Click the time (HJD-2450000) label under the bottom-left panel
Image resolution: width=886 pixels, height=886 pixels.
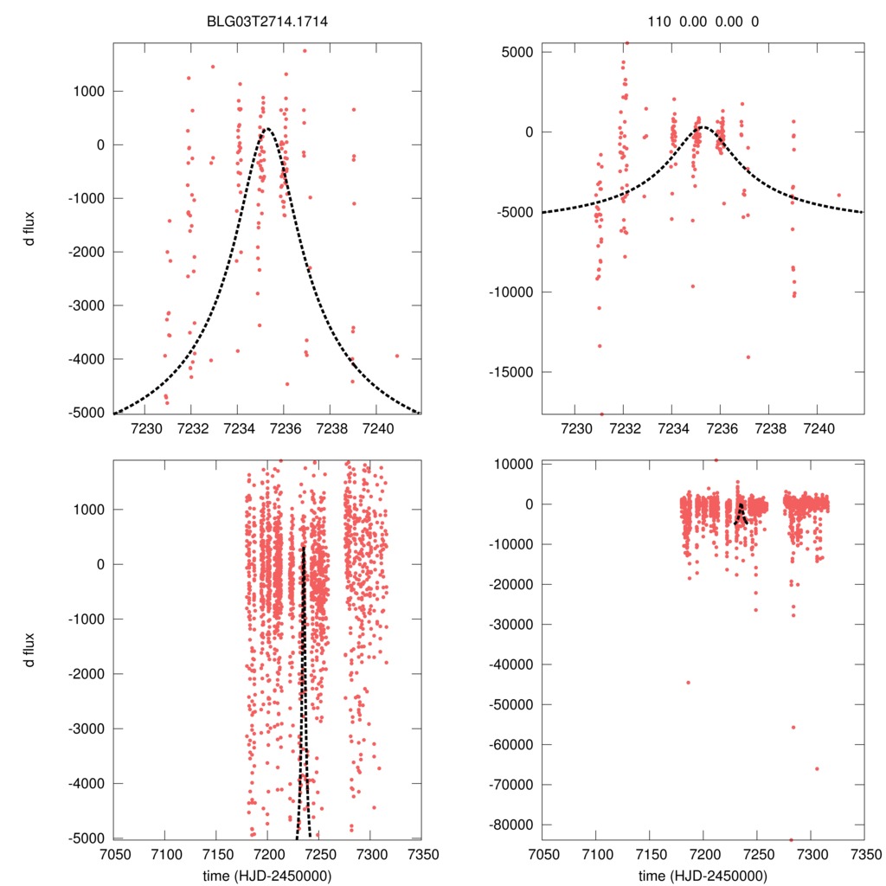[x=267, y=876]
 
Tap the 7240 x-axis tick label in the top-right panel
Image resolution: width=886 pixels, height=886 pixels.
[x=819, y=428]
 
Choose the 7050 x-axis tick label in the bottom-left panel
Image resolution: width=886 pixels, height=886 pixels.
[x=114, y=851]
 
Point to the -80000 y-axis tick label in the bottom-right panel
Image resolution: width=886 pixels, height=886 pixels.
[x=510, y=825]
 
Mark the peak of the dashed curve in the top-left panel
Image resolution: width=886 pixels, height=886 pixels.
[x=266, y=129]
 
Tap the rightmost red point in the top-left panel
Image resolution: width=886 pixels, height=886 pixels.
[x=397, y=356]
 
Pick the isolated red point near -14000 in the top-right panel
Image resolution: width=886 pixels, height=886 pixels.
[x=748, y=356]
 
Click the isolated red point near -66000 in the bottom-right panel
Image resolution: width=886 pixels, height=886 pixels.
[x=816, y=768]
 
